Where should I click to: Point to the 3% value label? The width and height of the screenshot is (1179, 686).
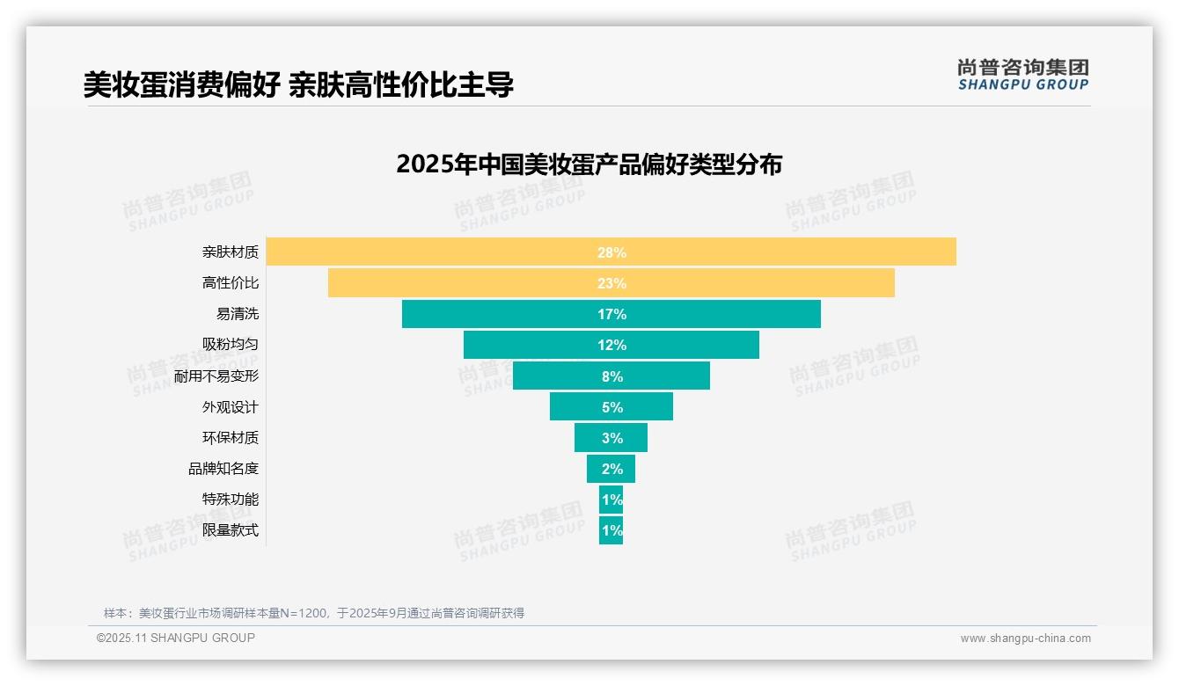pyautogui.click(x=611, y=438)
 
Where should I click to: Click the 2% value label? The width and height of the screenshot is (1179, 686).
pyautogui.click(x=611, y=469)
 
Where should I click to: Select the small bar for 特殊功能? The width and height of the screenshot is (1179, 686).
pyautogui.click(x=611, y=500)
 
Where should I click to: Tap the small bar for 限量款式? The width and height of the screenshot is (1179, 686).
pyautogui.click(x=611, y=530)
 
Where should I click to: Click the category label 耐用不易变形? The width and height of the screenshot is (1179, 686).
pyautogui.click(x=216, y=376)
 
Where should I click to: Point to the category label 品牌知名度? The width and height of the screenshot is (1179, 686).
pyautogui.click(x=223, y=469)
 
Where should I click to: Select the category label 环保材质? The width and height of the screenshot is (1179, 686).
pyautogui.click(x=231, y=438)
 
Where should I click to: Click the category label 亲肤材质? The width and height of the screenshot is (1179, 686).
pyautogui.click(x=231, y=252)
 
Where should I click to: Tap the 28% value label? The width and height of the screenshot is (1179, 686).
pyautogui.click(x=611, y=252)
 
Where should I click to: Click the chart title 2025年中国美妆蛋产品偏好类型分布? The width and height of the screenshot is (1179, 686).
pyautogui.click(x=589, y=164)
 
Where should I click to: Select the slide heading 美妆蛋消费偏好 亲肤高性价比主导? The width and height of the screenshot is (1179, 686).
pyautogui.click(x=298, y=84)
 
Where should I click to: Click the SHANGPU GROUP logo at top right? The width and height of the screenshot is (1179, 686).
pyautogui.click(x=1022, y=75)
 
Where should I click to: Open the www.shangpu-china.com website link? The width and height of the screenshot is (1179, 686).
pyautogui.click(x=1025, y=639)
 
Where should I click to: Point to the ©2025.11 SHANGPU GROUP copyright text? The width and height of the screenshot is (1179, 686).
pyautogui.click(x=176, y=639)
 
